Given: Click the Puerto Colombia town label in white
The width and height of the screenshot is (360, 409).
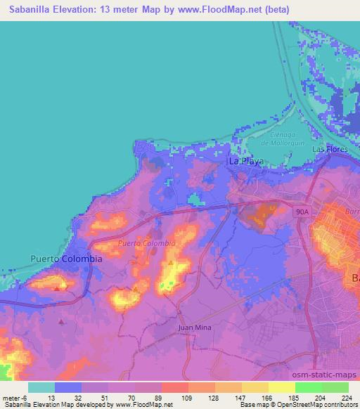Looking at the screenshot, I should click(x=66, y=259).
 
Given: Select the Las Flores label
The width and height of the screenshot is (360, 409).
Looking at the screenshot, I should click(x=330, y=150).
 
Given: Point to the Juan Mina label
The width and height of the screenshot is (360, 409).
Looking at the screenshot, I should click(x=194, y=327).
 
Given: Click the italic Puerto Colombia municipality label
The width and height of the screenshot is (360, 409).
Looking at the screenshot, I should click(x=147, y=243).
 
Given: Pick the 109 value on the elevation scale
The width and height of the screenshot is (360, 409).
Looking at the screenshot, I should click(x=188, y=397).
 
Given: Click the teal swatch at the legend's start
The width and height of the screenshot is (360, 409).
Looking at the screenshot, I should click(x=41, y=387).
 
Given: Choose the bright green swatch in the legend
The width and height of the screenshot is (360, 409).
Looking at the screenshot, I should click(x=309, y=387).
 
